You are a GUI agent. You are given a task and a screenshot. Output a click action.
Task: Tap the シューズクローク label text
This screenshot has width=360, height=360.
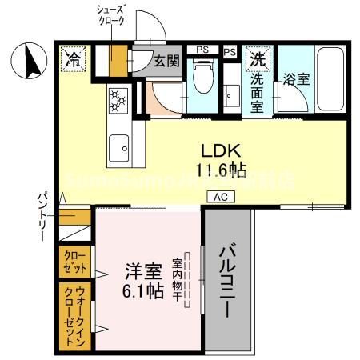pos(112,15)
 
